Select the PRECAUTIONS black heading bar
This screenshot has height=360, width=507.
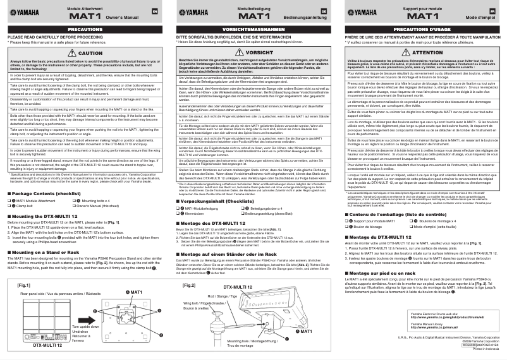click(85, 30)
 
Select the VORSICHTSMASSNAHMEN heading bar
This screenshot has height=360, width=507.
click(253, 30)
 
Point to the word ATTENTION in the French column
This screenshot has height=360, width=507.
click(427, 52)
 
